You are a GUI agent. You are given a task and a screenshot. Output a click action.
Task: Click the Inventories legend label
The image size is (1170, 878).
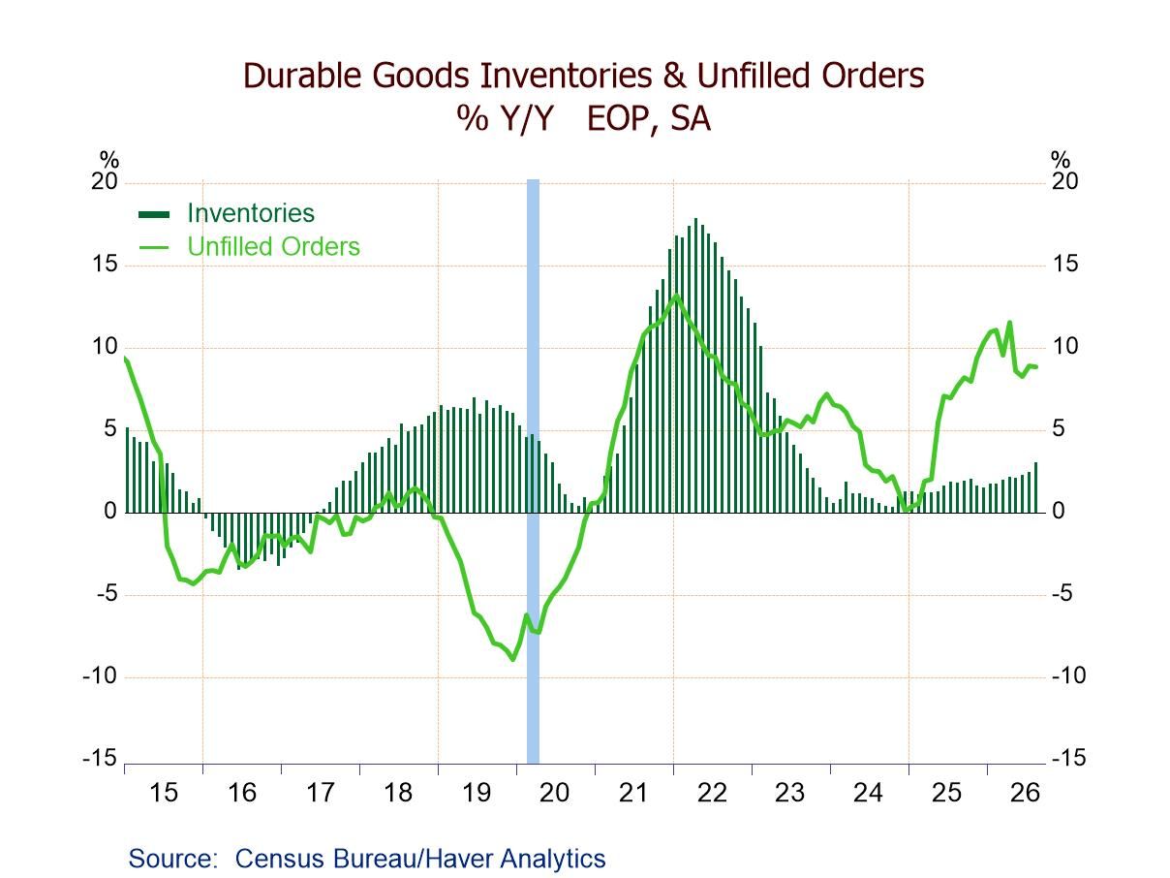(x=251, y=213)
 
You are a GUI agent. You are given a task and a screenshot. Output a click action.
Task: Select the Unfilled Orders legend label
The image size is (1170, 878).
(x=273, y=247)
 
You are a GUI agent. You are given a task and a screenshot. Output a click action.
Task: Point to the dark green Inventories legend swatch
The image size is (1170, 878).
(x=154, y=215)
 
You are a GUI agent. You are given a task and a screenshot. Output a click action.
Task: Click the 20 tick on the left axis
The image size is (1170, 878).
(x=104, y=182)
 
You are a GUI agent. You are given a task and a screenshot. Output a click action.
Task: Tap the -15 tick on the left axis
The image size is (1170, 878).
(x=100, y=758)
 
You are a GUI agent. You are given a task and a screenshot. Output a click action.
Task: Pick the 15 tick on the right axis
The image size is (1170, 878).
(x=1065, y=264)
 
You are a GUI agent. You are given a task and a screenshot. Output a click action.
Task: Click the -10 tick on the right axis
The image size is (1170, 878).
(x=1068, y=675)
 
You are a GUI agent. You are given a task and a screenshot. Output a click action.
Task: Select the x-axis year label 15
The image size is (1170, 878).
(x=163, y=793)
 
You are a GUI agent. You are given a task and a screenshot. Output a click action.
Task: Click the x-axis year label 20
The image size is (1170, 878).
(x=554, y=793)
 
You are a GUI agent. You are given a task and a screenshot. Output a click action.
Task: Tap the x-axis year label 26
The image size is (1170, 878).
(x=1025, y=793)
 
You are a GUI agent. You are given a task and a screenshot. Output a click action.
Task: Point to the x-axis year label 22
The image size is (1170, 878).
(x=712, y=793)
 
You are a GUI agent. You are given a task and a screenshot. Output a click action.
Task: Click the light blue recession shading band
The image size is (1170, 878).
(x=533, y=471)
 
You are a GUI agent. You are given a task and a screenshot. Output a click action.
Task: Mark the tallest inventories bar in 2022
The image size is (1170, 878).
(x=695, y=365)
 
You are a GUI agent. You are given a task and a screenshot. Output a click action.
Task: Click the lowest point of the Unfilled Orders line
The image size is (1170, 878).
(x=513, y=660)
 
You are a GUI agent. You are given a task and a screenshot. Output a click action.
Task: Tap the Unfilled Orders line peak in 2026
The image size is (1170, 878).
(x=1009, y=322)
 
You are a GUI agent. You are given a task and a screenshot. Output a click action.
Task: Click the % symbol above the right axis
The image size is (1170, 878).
(x=1061, y=160)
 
